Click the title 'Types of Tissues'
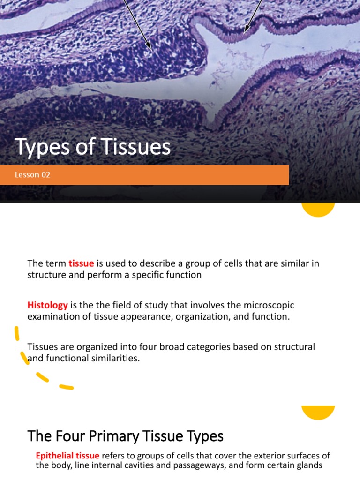click(x=93, y=147)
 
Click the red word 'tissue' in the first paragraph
click(x=82, y=263)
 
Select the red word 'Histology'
click(x=48, y=305)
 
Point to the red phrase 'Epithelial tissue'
click(x=67, y=456)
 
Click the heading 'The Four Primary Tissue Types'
click(x=126, y=436)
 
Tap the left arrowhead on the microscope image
click(x=150, y=47)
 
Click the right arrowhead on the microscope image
click(x=246, y=31)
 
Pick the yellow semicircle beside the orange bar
click(x=318, y=210)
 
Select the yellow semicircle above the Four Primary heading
click(x=318, y=412)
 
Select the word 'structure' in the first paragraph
click(x=45, y=275)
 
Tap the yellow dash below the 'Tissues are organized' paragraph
click(x=66, y=387)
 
